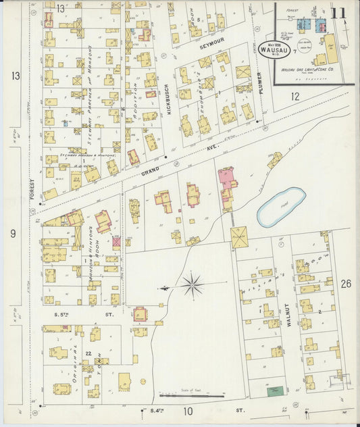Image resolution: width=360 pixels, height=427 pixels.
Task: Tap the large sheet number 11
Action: point(339,13)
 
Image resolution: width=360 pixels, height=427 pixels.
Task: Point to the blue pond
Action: point(281,207)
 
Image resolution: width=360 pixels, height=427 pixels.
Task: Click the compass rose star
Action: point(192,285)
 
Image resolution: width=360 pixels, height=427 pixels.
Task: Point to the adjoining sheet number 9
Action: point(13,234)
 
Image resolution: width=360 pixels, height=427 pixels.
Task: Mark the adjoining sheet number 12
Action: point(294,97)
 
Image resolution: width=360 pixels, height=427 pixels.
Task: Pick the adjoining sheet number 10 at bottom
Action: point(188,411)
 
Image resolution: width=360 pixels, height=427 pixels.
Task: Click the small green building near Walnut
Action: point(274,391)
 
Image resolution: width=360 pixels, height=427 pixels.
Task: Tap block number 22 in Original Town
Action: point(88,353)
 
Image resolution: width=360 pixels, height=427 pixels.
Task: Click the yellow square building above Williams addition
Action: point(238,236)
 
